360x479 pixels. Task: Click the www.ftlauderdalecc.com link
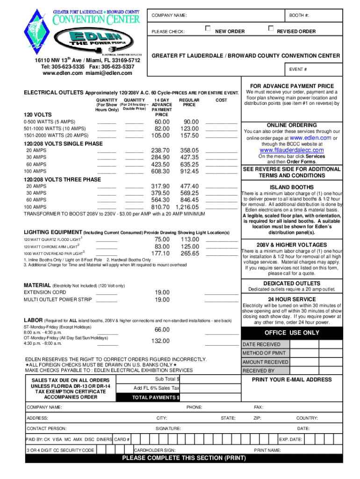pyautogui.click(x=291, y=150)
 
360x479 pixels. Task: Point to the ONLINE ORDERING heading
pyautogui.click(x=291, y=125)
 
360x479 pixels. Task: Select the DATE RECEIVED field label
pyautogui.click(x=261, y=345)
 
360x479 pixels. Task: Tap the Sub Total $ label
pyautogui.click(x=167, y=379)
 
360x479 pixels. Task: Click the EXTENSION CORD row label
pyautogui.click(x=42, y=292)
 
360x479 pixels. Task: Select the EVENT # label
pyautogui.click(x=298, y=70)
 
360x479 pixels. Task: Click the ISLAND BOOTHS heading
pyautogui.click(x=292, y=187)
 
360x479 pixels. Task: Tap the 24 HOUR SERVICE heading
pyautogui.click(x=292, y=299)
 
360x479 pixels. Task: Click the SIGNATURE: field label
pyautogui.click(x=168, y=428)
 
